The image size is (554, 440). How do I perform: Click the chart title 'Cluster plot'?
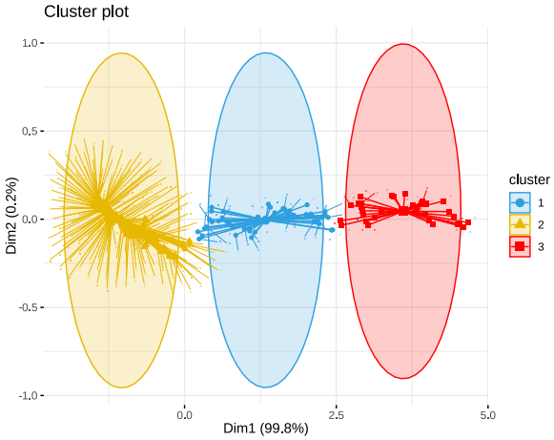pyautogui.click(x=87, y=12)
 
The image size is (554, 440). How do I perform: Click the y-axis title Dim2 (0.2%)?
pyautogui.click(x=12, y=216)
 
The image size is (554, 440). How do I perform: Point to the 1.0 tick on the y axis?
pyautogui.click(x=30, y=43)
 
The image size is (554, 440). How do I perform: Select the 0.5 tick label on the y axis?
pyautogui.click(x=30, y=131)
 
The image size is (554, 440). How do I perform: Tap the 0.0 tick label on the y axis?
pyautogui.click(x=30, y=219)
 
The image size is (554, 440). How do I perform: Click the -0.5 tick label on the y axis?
pyautogui.click(x=28, y=307)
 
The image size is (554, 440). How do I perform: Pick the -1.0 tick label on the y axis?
pyautogui.click(x=28, y=395)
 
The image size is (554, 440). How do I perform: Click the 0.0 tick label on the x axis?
pyautogui.click(x=185, y=415)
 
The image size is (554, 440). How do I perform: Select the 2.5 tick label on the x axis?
pyautogui.click(x=337, y=415)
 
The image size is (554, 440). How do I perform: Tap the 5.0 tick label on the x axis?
pyautogui.click(x=488, y=415)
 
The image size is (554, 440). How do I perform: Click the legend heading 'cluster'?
pyautogui.click(x=528, y=179)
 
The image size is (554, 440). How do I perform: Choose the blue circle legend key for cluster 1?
pyautogui.click(x=519, y=202)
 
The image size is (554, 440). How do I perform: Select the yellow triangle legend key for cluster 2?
pyautogui.click(x=519, y=224)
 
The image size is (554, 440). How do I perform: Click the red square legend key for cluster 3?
pyautogui.click(x=519, y=246)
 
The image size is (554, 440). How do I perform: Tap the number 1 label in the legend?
pyautogui.click(x=540, y=202)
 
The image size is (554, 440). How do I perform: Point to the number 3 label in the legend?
pyautogui.click(x=540, y=246)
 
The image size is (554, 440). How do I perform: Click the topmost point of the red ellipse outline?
pyautogui.click(x=403, y=44)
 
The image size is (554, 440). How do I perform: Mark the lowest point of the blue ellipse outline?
pyautogui.click(x=266, y=388)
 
